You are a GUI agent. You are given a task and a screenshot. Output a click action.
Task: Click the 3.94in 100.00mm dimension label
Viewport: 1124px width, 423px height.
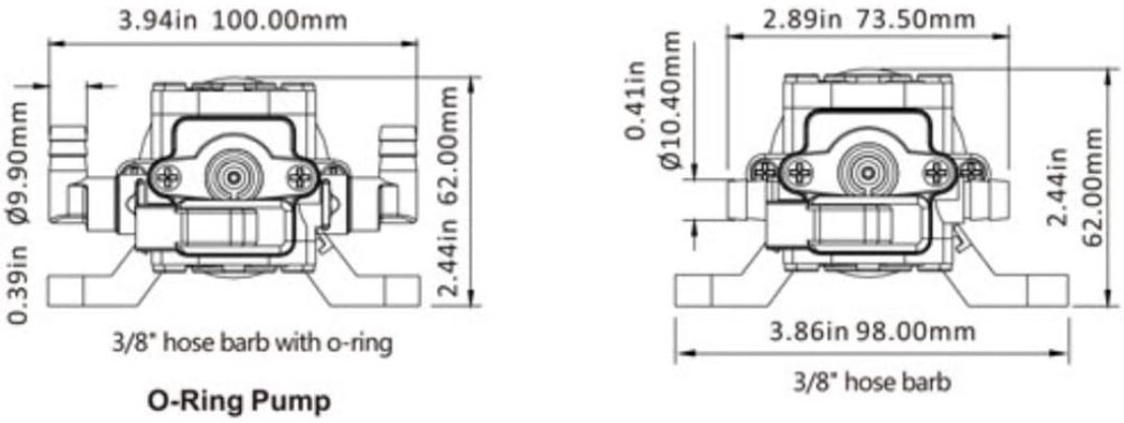(x=232, y=21)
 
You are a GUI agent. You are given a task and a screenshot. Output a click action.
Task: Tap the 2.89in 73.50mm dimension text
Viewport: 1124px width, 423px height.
(x=869, y=20)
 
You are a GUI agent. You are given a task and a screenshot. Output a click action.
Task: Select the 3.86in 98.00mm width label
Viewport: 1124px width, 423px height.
(x=873, y=331)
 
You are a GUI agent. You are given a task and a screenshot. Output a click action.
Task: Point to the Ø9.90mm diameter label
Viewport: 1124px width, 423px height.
(x=20, y=163)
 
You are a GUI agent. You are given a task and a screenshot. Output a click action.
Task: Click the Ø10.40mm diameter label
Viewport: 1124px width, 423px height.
(x=671, y=100)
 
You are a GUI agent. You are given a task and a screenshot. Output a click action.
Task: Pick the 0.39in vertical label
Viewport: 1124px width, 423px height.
(x=20, y=284)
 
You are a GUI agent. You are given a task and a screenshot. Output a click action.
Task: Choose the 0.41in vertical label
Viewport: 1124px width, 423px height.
(x=635, y=100)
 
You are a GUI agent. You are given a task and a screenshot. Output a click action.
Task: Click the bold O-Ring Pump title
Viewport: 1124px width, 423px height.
(x=240, y=401)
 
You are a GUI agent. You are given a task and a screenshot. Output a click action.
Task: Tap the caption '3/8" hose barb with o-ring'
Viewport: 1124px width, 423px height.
(x=252, y=343)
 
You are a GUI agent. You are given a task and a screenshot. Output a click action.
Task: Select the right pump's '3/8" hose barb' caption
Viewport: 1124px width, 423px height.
(x=872, y=383)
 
